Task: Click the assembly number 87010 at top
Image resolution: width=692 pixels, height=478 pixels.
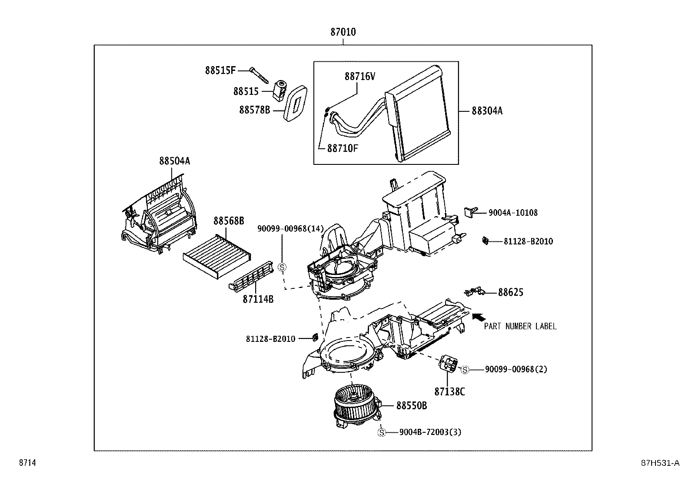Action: tap(343, 32)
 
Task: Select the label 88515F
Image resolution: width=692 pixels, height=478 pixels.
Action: tap(220, 70)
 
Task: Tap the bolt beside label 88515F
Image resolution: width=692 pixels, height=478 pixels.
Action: tap(259, 75)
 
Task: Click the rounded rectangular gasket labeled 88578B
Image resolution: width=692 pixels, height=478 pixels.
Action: tap(296, 104)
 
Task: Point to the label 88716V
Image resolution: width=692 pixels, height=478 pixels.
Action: tap(359, 77)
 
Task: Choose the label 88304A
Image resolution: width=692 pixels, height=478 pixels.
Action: tap(487, 111)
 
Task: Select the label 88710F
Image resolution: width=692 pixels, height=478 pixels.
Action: tap(343, 148)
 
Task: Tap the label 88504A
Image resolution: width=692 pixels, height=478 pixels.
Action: tap(174, 161)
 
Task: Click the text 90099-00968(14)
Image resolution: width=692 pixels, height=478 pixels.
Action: tap(290, 229)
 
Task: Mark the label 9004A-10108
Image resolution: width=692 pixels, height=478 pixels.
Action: tap(513, 213)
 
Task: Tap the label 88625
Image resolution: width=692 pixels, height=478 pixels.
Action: tap(510, 292)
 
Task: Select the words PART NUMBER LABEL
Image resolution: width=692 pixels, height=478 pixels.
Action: tap(520, 326)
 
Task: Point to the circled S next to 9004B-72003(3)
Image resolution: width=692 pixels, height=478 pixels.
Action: tap(381, 432)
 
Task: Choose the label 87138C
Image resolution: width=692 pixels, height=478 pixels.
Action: tap(449, 392)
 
